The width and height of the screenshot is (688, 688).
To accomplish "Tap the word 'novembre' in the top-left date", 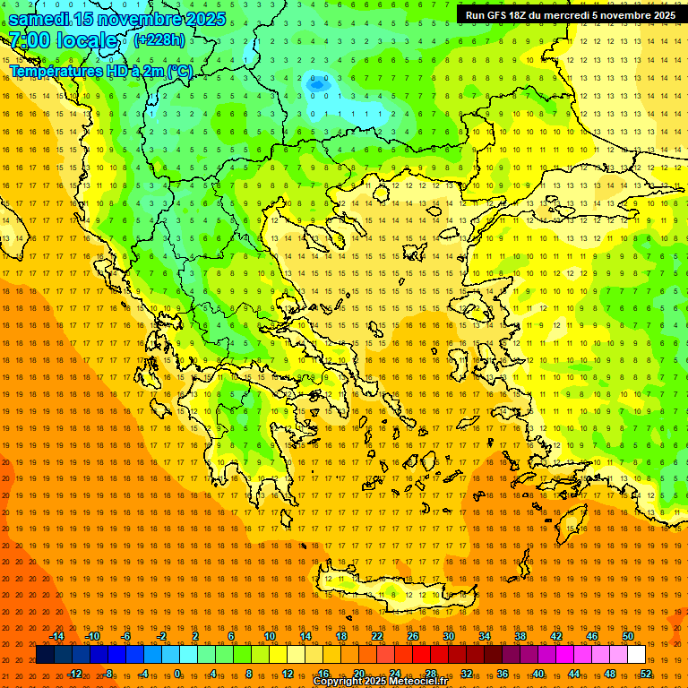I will pyautogui.click(x=131, y=19).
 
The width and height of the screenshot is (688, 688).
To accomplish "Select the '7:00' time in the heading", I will pyautogui.click(x=28, y=40).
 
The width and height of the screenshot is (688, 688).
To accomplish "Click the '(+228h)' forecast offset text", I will pyautogui.click(x=159, y=39).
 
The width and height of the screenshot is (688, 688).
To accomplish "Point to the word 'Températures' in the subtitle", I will pyautogui.click(x=55, y=71).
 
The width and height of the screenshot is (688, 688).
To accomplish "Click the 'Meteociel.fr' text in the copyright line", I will pyautogui.click(x=410, y=682).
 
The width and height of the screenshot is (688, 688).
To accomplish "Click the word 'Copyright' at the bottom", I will pyautogui.click(x=339, y=682).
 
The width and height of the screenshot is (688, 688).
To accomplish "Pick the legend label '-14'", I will pyautogui.click(x=56, y=636).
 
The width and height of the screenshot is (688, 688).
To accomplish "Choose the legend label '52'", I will pyautogui.click(x=646, y=674).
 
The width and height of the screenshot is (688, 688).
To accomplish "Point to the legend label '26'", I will pyautogui.click(x=413, y=636).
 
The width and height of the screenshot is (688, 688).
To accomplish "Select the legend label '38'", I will pyautogui.click(x=520, y=636).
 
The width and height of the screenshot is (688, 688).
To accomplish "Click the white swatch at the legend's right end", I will pyautogui.click(x=637, y=655).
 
